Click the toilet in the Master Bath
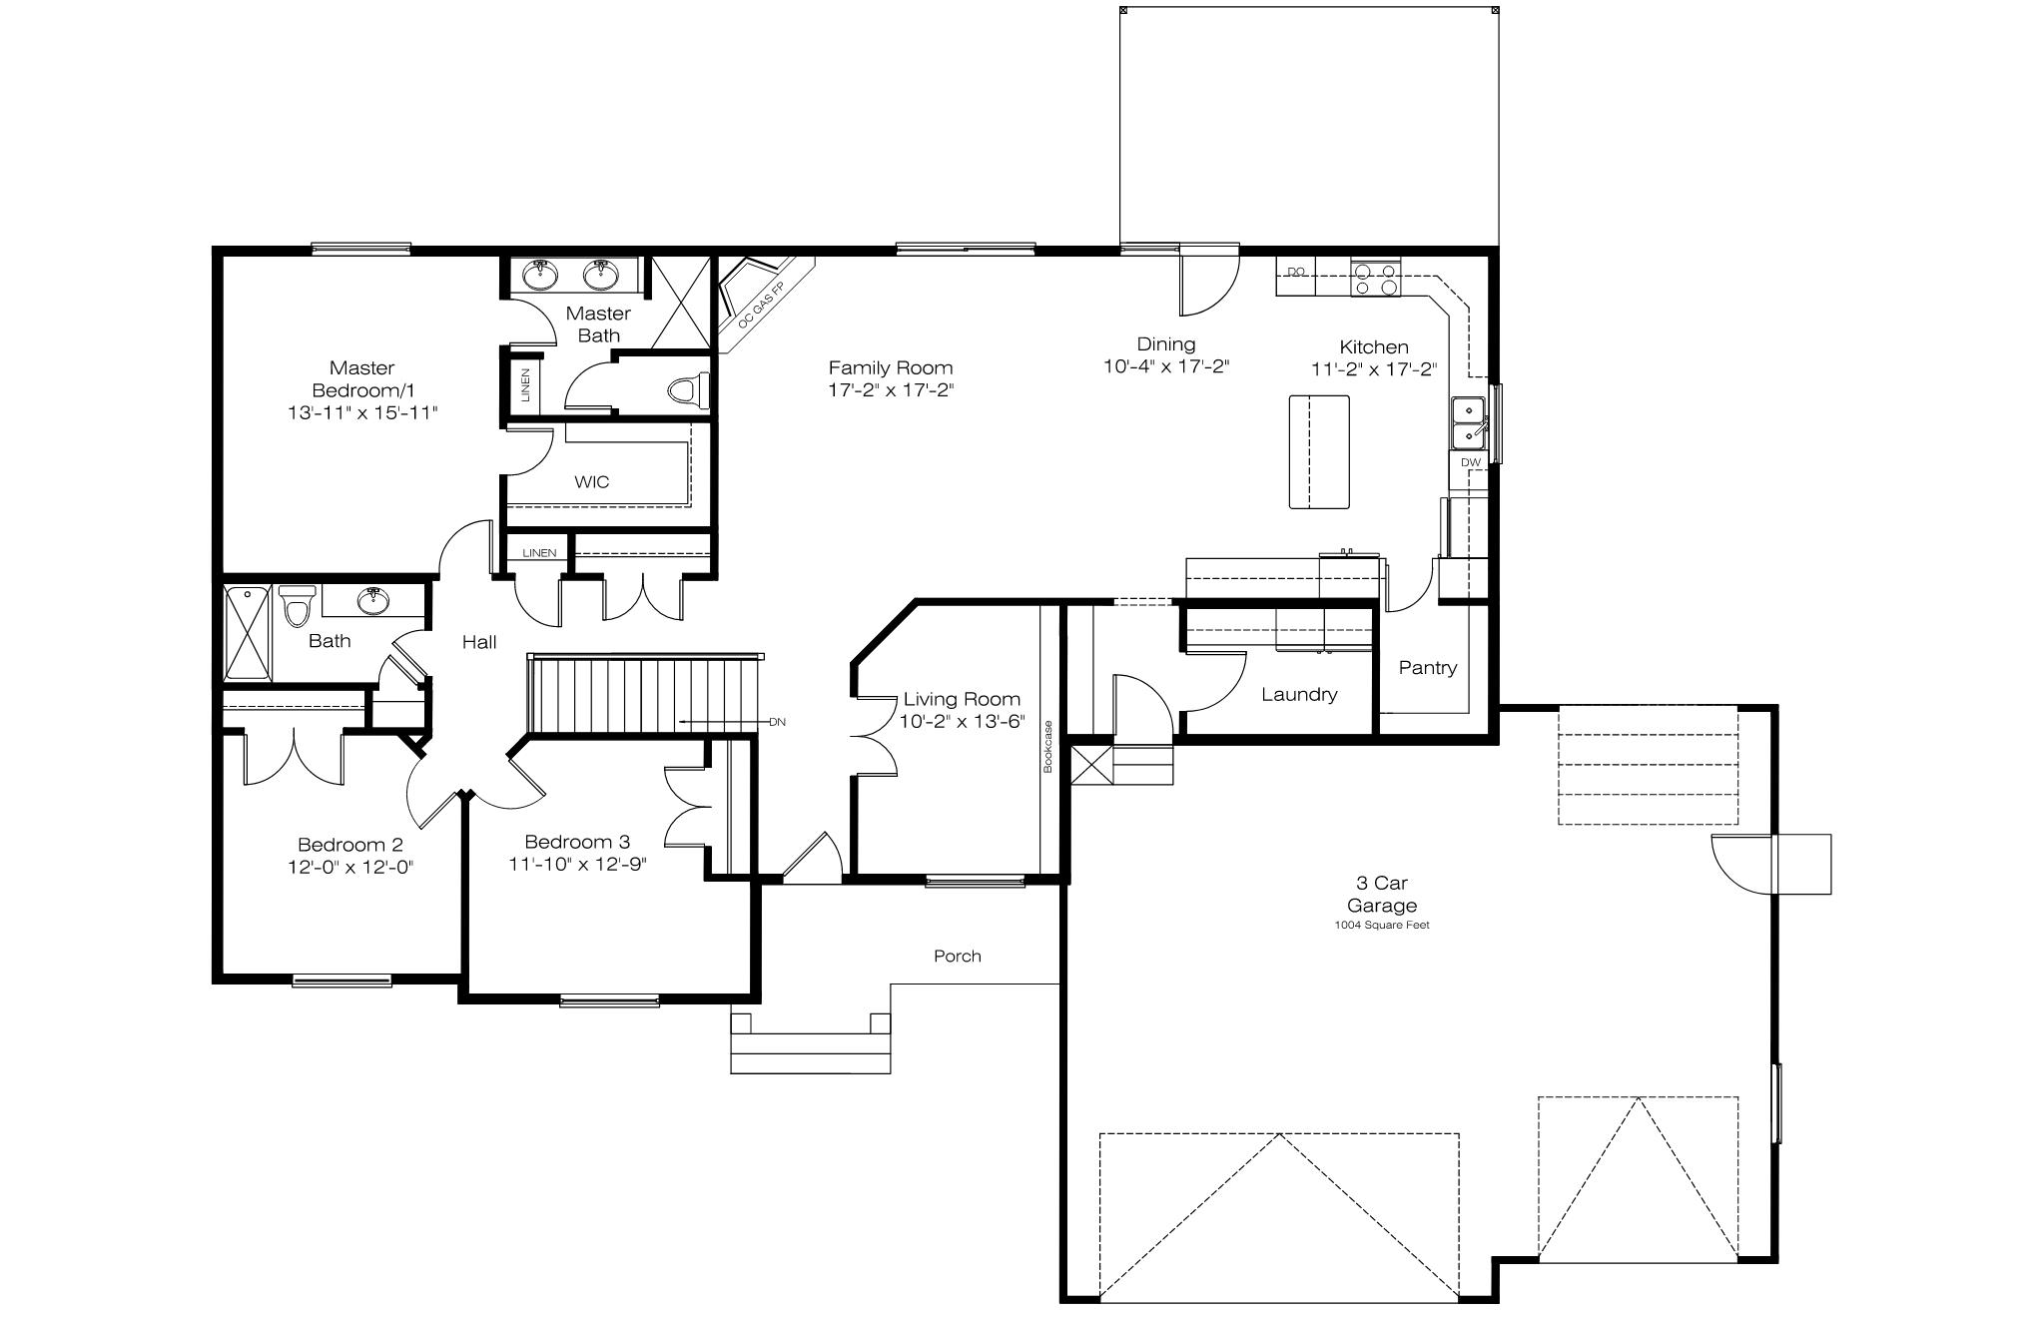[x=689, y=390]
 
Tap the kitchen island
[x=1319, y=451]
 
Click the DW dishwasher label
[x=1471, y=462]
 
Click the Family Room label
[x=891, y=367]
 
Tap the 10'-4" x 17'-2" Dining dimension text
[x=1165, y=366]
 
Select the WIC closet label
[x=591, y=481]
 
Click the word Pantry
[x=1428, y=668]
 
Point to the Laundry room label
[x=1299, y=695]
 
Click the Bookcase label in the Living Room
[x=1048, y=746]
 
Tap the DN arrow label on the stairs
[x=777, y=721]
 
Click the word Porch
[x=958, y=957]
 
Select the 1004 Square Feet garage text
[x=1382, y=925]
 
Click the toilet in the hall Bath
[x=297, y=605]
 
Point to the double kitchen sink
[x=1469, y=422]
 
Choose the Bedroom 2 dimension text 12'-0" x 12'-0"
[x=350, y=867]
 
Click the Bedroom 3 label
[x=577, y=842]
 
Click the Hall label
[x=479, y=642]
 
